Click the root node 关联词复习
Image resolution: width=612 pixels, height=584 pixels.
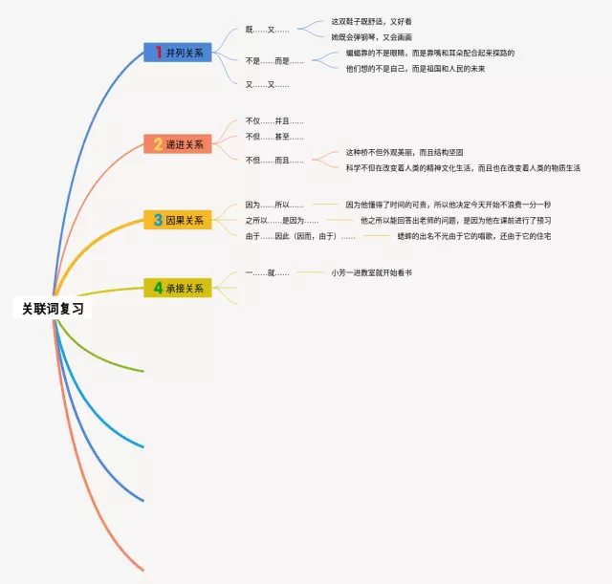pos(53,309)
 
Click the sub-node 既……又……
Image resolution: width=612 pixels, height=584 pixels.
pos(267,30)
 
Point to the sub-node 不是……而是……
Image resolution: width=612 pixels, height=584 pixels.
pos(274,61)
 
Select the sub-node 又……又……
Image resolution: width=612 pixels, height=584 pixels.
pos(267,85)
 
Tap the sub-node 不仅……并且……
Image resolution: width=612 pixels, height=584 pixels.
pos(274,121)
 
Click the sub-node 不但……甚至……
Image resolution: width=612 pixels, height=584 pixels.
pos(274,137)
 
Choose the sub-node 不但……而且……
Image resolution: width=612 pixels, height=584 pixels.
pos(274,160)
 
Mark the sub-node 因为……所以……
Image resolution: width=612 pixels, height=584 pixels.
pos(274,205)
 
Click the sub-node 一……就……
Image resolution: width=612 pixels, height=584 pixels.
pos(267,273)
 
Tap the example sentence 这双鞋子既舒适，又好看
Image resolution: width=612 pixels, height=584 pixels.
pos(371,21)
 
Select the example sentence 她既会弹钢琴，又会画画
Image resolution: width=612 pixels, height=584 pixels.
pos(371,36)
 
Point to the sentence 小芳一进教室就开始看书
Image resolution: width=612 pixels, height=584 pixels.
pos(372,273)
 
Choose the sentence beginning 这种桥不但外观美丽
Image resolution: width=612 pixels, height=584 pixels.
pos(404,152)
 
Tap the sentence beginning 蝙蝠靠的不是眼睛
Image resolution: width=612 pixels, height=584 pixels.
pos(430,54)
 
